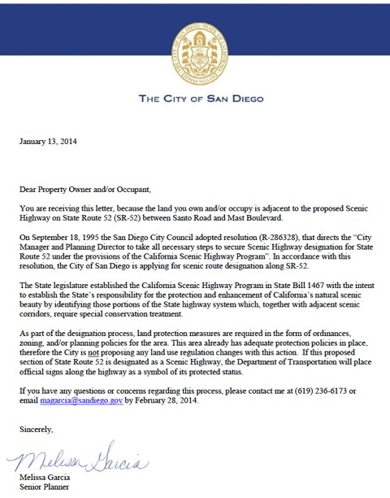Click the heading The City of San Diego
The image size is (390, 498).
[x=194, y=100]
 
